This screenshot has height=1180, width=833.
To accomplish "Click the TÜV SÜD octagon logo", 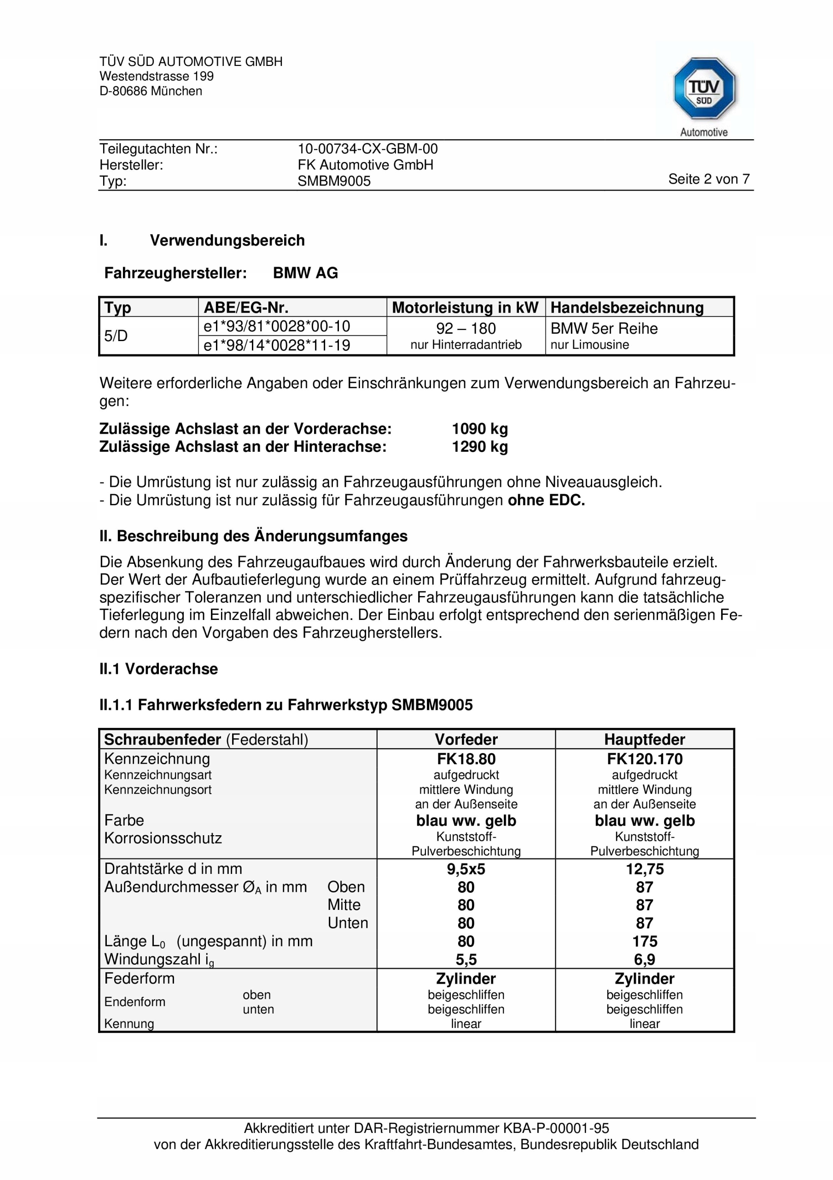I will click(x=704, y=89).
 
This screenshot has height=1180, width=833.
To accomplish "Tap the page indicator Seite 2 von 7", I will click(x=708, y=179).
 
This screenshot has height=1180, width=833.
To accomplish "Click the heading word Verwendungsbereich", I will click(x=227, y=241).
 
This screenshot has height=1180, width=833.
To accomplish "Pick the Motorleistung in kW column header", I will click(x=465, y=307).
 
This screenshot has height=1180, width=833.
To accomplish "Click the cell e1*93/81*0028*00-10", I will click(x=277, y=326).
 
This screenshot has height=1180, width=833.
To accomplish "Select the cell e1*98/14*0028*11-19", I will click(x=277, y=345).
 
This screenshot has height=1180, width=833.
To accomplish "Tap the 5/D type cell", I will click(x=116, y=336).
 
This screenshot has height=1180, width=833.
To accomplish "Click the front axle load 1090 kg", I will click(x=480, y=429).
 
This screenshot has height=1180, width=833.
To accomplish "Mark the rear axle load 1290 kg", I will click(x=480, y=447).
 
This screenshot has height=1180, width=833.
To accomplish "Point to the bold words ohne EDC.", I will click(x=546, y=500).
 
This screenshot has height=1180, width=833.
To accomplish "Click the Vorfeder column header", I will click(x=466, y=739).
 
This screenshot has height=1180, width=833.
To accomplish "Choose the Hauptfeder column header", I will click(x=644, y=739).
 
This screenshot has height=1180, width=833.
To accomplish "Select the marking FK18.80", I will click(x=466, y=759).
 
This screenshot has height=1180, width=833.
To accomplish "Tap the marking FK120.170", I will click(x=644, y=759).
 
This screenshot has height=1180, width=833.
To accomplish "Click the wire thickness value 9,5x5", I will click(x=466, y=869).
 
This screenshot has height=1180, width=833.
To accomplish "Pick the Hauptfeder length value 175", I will click(x=644, y=942).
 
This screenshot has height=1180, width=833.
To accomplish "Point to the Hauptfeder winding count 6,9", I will click(x=644, y=960).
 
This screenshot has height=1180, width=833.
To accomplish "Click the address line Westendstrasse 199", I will click(x=157, y=77).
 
